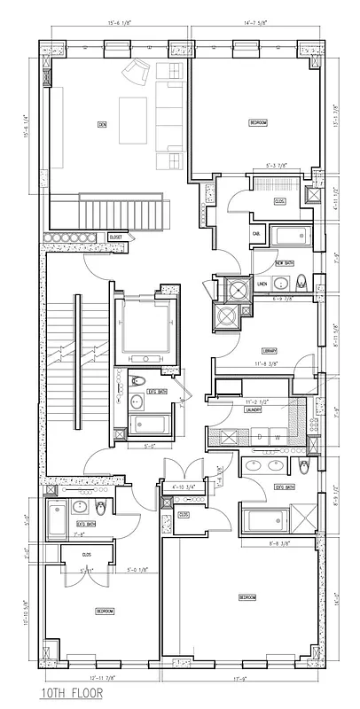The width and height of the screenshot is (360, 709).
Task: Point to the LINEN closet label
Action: coord(262,284)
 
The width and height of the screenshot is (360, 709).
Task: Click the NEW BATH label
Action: coord(285,263)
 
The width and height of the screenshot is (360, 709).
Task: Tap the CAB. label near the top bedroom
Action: coord(255,233)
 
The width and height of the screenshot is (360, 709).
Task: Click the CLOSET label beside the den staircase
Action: coord(115,238)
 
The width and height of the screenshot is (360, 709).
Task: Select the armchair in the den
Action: coord(137,74)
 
